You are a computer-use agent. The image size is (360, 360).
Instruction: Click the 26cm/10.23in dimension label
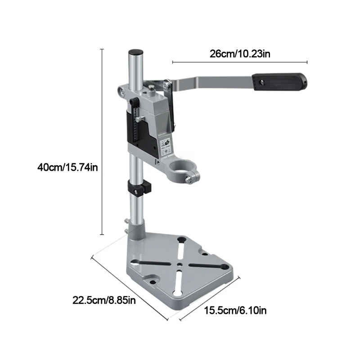tap(240, 54)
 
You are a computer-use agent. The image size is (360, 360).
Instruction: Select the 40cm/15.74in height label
tap(68, 168)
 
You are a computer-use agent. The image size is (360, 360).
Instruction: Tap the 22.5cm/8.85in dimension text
tap(103, 300)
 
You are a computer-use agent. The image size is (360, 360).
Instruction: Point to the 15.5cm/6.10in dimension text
tap(232, 310)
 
